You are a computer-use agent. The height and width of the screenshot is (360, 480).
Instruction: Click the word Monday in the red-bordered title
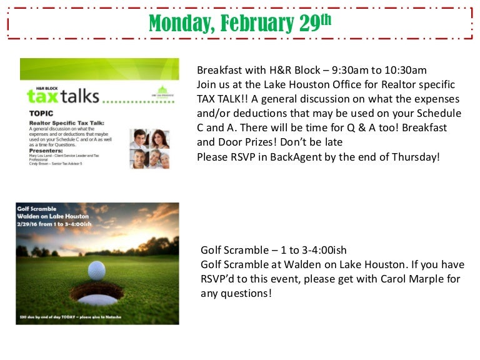177,24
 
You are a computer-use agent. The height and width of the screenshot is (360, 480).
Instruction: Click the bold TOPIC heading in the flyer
41,114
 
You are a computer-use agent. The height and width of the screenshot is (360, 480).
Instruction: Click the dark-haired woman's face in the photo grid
160,138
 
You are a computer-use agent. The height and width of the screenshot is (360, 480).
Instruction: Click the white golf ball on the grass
96,270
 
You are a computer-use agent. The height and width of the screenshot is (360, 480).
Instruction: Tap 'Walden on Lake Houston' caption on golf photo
53,216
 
